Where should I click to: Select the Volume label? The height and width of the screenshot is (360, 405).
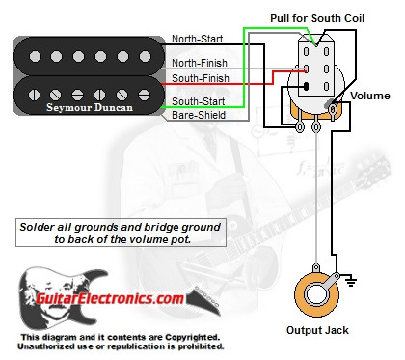[369, 97]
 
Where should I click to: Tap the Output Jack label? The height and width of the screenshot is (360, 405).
[319, 330]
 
